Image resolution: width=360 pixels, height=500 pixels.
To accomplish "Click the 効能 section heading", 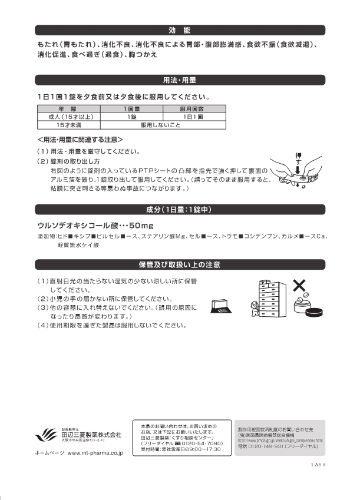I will click(179, 29).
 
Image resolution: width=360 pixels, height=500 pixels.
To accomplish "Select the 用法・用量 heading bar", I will click(179, 80).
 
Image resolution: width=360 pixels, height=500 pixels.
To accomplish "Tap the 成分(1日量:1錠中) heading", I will click(179, 209).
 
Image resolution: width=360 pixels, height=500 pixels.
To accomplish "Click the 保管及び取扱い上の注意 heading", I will click(179, 264).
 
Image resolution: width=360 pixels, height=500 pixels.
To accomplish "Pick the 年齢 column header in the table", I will click(67, 110).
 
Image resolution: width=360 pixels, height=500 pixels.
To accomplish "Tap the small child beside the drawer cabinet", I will click(254, 307).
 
